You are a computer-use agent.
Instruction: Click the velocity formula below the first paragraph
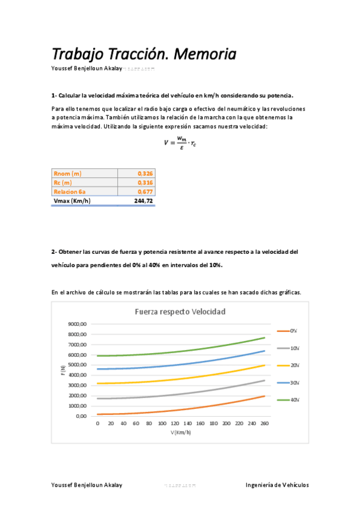pyautogui.click(x=180, y=143)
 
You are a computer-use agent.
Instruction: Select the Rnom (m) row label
pyautogui.click(x=67, y=173)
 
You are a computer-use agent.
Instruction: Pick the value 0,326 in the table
pyautogui.click(x=145, y=173)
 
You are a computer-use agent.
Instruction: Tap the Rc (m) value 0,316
pyautogui.click(x=145, y=182)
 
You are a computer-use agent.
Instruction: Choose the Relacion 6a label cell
pyautogui.click(x=69, y=191)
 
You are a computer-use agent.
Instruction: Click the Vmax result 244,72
pyautogui.click(x=143, y=201)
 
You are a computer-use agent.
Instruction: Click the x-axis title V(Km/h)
pyautogui.click(x=181, y=432)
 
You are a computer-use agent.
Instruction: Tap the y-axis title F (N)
pyautogui.click(x=63, y=370)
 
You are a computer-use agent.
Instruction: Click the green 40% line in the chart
pyautogui.click(x=180, y=351)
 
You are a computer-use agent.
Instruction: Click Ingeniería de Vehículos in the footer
pyautogui.click(x=277, y=485)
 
